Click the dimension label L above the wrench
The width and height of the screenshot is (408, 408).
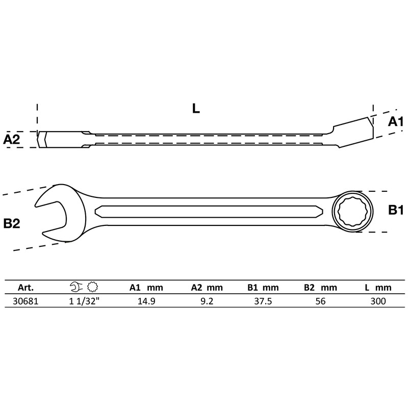coord(196,108)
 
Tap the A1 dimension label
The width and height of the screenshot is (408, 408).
coord(395,121)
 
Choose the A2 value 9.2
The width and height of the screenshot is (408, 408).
coord(207,301)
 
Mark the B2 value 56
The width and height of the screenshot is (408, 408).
coord(320,301)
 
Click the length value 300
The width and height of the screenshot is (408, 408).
coord(377,301)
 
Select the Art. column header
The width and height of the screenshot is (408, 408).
coord(25,288)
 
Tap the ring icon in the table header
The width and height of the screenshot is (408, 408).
coord(92,287)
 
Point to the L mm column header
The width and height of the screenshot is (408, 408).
coord(377,288)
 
